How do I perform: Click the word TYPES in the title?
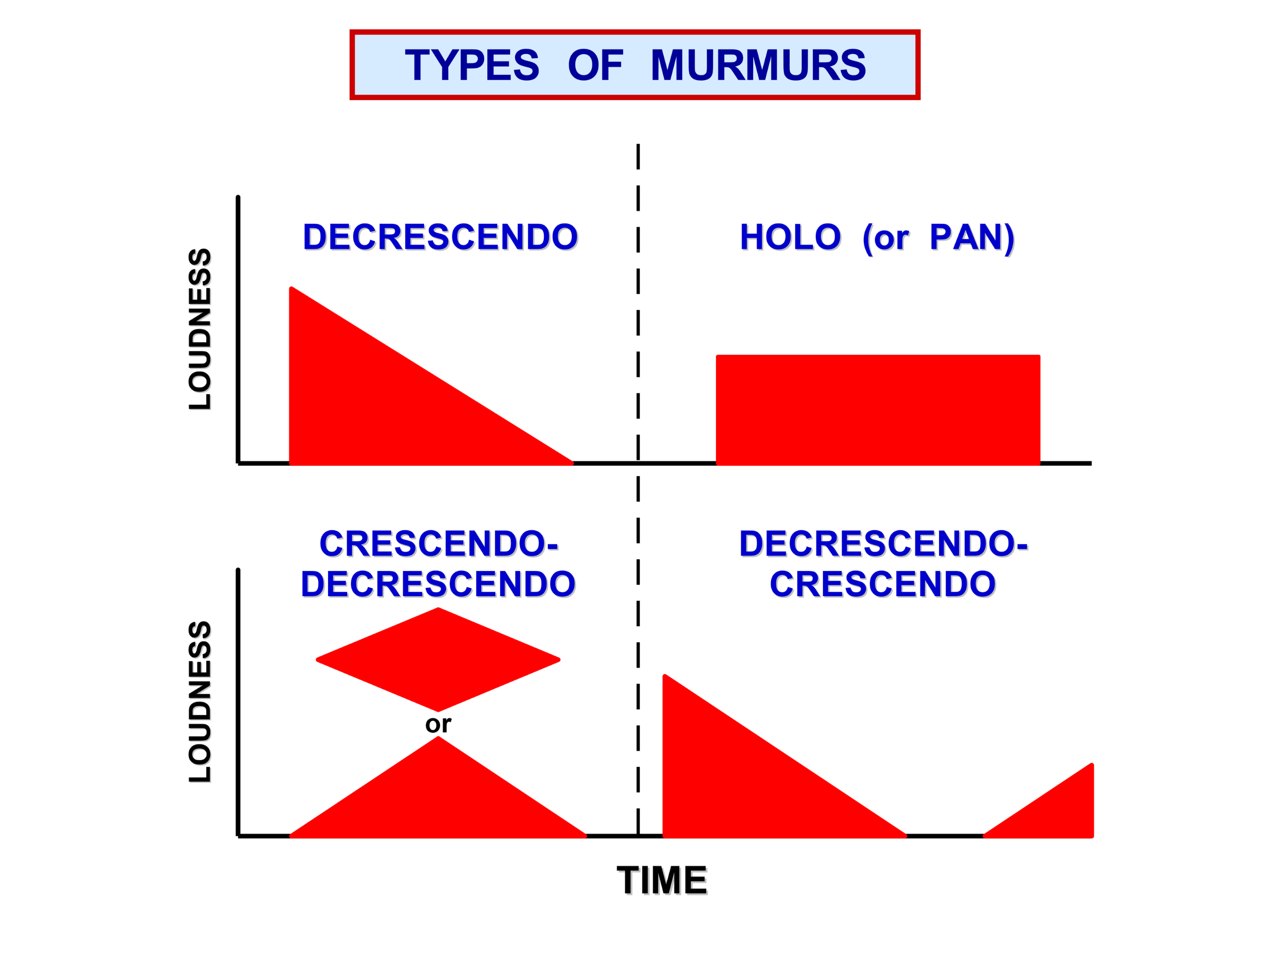tap(472, 65)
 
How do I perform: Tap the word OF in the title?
tap(595, 65)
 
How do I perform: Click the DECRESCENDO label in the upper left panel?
tap(440, 237)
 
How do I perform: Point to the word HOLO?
tap(791, 237)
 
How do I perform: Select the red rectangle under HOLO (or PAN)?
tap(878, 409)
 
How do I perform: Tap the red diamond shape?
tap(438, 659)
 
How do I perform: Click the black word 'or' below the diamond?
tap(438, 724)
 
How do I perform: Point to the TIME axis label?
tap(662, 881)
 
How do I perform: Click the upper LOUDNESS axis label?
tap(200, 329)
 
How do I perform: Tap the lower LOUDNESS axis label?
tap(200, 701)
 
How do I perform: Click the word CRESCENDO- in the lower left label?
tap(439, 544)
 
